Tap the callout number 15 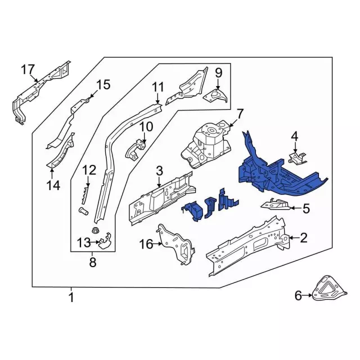tap(103, 85)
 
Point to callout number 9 tap(219, 73)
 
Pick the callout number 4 tap(294, 137)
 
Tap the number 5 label tap(306, 209)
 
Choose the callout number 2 tap(304, 238)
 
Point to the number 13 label tap(83, 243)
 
